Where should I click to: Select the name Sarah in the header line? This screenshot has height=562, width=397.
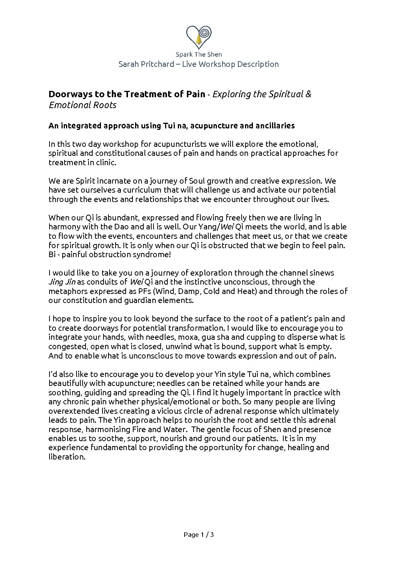click(129, 64)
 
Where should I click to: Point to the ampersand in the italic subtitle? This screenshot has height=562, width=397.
click(308, 94)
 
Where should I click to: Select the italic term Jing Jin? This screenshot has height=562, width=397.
click(62, 282)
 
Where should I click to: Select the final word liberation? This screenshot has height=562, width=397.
click(66, 457)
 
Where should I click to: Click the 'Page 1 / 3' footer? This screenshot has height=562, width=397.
click(198, 535)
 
